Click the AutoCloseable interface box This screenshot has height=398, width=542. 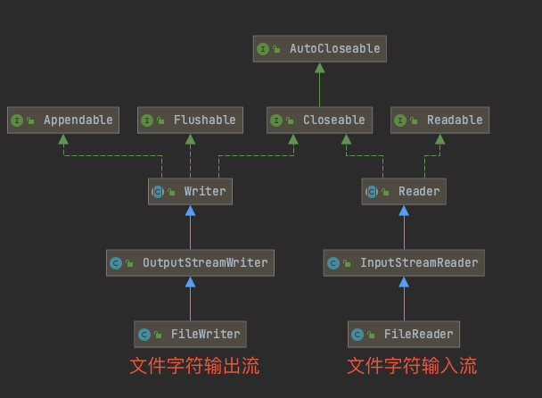click(x=320, y=49)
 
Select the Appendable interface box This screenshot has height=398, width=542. click(x=63, y=120)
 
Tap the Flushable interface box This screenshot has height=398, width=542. click(x=190, y=120)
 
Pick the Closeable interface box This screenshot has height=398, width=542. click(x=320, y=120)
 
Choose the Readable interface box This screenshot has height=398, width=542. click(x=439, y=120)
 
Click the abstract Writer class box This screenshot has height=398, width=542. click(x=190, y=191)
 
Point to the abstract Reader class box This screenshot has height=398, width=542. click(x=404, y=191)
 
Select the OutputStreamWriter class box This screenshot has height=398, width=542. click(x=190, y=262)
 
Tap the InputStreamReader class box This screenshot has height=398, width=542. click(x=404, y=262)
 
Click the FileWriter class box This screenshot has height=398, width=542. click(x=190, y=334)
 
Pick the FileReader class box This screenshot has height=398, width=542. click(x=404, y=334)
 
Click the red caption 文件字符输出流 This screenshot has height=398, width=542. click(x=194, y=366)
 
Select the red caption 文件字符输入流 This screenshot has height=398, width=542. click(x=412, y=366)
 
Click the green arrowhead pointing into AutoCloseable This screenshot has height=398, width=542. click(x=320, y=68)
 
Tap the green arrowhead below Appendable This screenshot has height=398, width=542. click(x=63, y=139)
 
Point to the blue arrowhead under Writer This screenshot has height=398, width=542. click(x=190, y=211)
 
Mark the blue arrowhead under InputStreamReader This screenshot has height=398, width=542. click(x=404, y=282)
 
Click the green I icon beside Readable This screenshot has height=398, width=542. click(x=400, y=120)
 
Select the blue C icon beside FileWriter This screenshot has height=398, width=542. click(x=144, y=335)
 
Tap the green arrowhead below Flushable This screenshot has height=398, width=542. click(x=190, y=139)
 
